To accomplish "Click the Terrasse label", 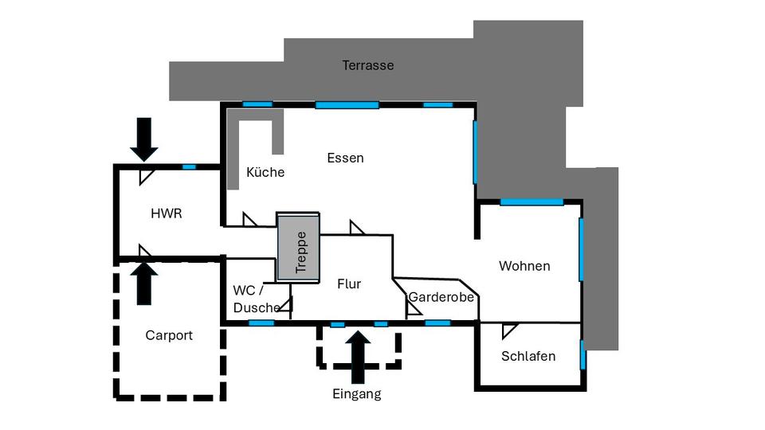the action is pyautogui.click(x=368, y=65).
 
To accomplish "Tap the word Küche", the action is pyautogui.click(x=265, y=172).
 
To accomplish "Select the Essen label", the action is pyautogui.click(x=345, y=158).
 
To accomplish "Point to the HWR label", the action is pyautogui.click(x=167, y=213).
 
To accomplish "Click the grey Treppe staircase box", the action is pyautogui.click(x=298, y=247).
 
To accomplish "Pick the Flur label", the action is pyautogui.click(x=349, y=283).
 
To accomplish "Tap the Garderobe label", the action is pyautogui.click(x=441, y=297).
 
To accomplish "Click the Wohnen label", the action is pyautogui.click(x=524, y=266).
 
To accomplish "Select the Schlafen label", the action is pyautogui.click(x=528, y=357).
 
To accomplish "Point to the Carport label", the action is pyautogui.click(x=169, y=335).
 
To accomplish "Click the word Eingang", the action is pyautogui.click(x=357, y=394).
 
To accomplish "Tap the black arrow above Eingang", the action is pyautogui.click(x=358, y=357).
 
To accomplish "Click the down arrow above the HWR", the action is pyautogui.click(x=144, y=139).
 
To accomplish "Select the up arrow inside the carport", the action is pyautogui.click(x=144, y=283).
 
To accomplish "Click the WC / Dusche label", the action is pyautogui.click(x=256, y=299).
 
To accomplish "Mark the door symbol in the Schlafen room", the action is pyautogui.click(x=509, y=330).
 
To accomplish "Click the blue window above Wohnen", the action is pyautogui.click(x=532, y=201).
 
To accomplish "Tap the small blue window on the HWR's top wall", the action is pyautogui.click(x=189, y=167).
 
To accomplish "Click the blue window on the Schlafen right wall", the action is pyautogui.click(x=583, y=355).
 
